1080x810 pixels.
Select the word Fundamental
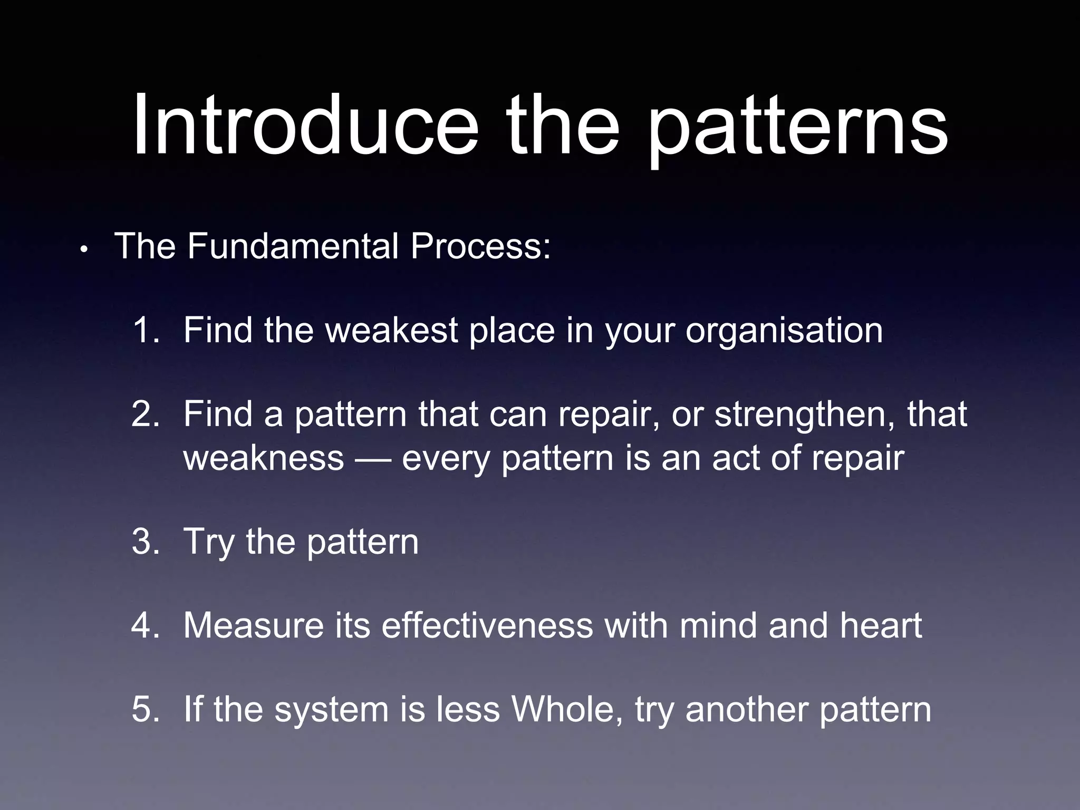click(x=293, y=246)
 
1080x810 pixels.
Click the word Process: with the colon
click(x=480, y=246)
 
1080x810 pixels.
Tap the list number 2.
click(x=146, y=414)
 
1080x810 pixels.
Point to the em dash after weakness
click(x=373, y=458)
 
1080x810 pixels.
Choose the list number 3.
click(x=146, y=542)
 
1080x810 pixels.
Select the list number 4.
click(x=146, y=626)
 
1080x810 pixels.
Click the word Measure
click(x=254, y=626)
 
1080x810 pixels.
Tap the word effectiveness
click(x=488, y=626)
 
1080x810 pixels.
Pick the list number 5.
click(x=146, y=709)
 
